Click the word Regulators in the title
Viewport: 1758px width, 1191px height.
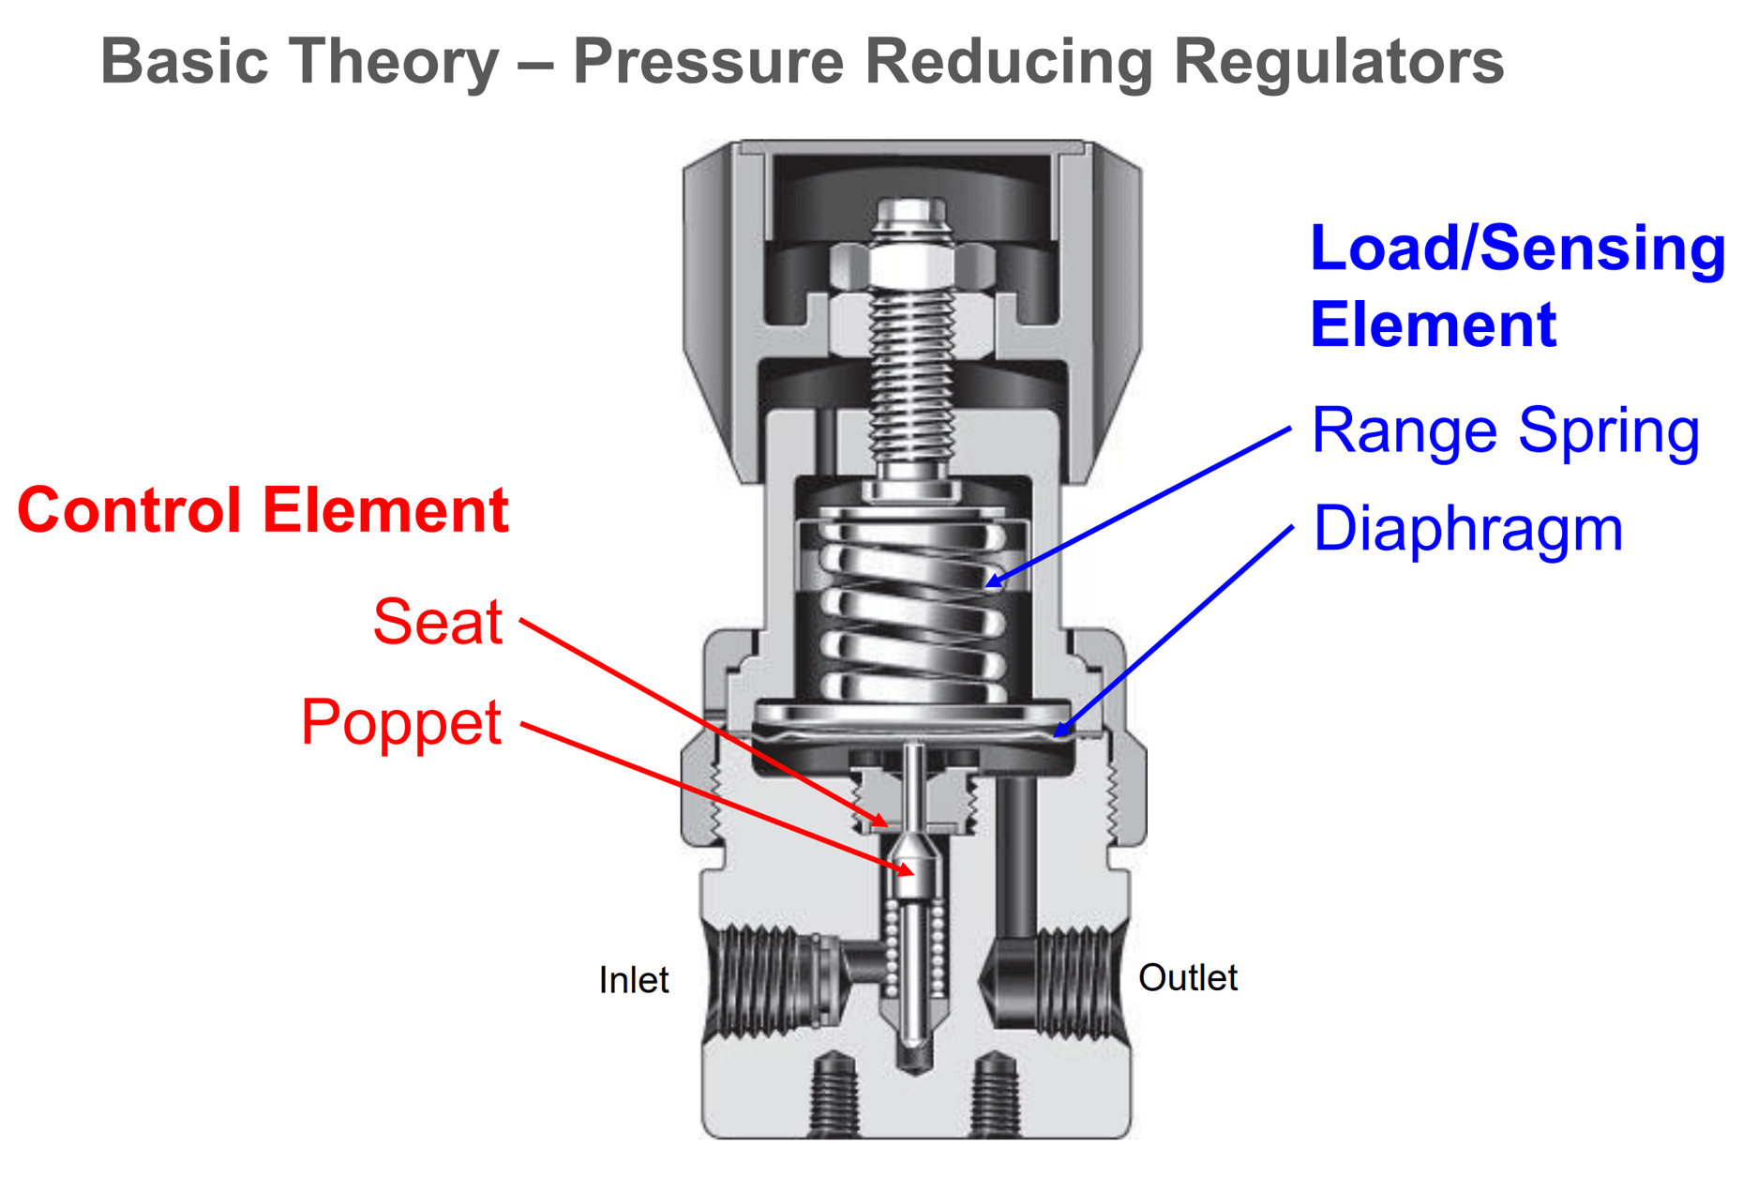[x=1338, y=61]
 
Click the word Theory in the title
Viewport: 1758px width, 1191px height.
[x=394, y=61]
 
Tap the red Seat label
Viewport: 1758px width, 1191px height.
[x=438, y=622]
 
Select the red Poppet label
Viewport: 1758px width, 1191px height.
[x=401, y=722]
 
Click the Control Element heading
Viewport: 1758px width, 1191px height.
[x=263, y=511]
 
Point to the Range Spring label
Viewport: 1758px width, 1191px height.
[x=1505, y=430]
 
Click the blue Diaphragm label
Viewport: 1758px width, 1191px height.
[x=1467, y=528]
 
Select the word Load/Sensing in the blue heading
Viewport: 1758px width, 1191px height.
[x=1517, y=249]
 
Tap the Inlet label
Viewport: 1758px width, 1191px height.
[x=634, y=980]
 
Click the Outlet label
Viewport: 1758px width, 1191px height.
[x=1187, y=978]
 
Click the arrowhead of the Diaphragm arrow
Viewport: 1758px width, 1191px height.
[x=1058, y=734]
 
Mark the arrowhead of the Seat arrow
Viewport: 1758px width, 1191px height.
[x=884, y=825]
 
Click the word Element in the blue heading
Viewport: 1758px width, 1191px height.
[x=1433, y=325]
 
